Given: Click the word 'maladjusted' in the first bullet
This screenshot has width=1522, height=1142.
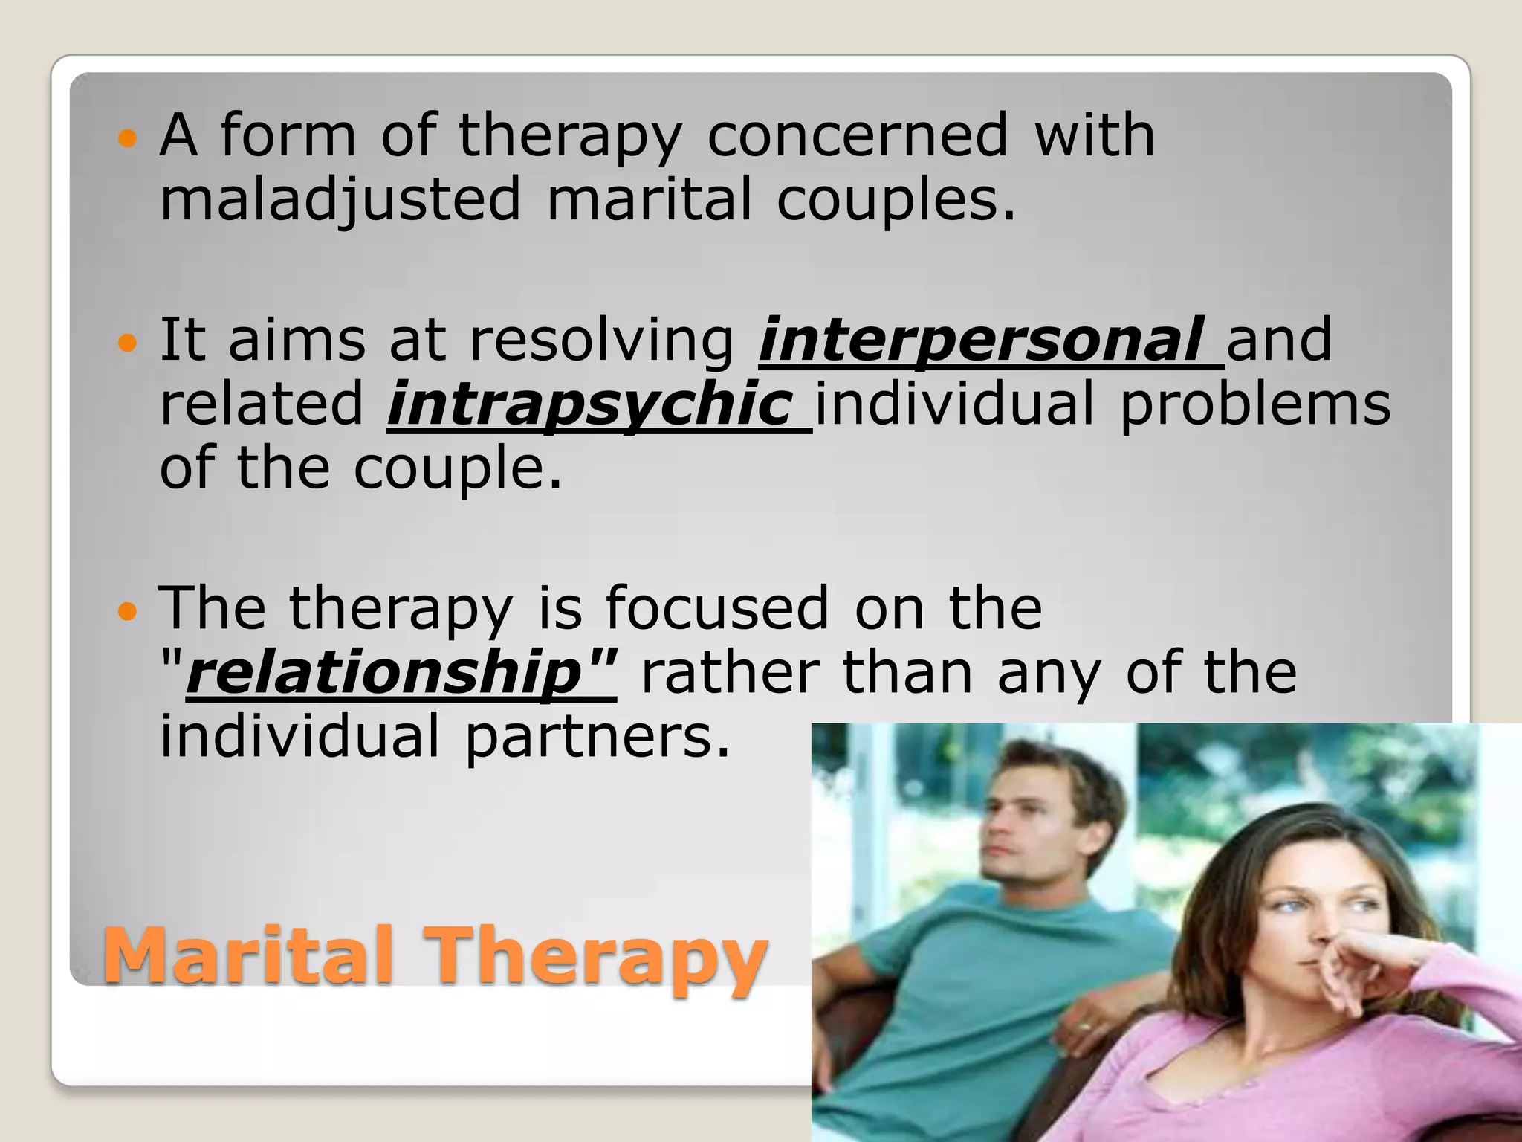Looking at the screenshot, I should [340, 199].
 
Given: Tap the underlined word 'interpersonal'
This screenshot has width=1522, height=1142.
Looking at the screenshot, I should [981, 340].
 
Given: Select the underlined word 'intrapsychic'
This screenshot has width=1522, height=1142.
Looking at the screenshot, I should [589, 404].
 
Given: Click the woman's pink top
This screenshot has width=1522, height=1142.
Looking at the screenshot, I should [1301, 1078].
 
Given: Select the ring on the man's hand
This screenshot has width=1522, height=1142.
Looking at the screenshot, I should [1086, 1027].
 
